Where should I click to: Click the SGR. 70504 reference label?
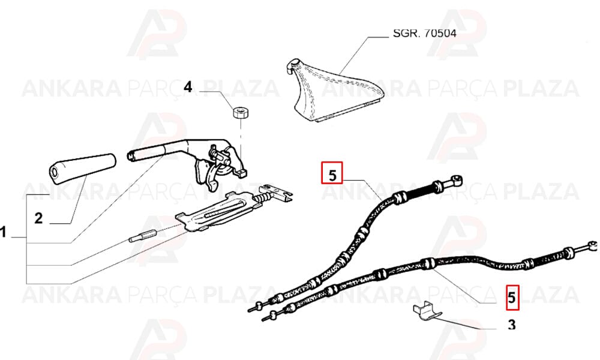click(425, 33)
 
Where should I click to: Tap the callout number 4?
click(188, 88)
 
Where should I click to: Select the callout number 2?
click(38, 218)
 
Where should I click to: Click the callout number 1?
click(3, 232)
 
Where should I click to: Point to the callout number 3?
click(512, 325)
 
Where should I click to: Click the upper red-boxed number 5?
click(332, 173)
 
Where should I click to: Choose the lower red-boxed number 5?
click(512, 297)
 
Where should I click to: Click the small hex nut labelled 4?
click(239, 113)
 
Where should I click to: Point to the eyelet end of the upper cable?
click(456, 179)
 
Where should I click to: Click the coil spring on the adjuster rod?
click(263, 198)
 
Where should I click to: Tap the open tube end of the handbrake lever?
click(130, 155)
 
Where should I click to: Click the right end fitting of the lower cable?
click(591, 246)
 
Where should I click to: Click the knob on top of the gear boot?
click(294, 64)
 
